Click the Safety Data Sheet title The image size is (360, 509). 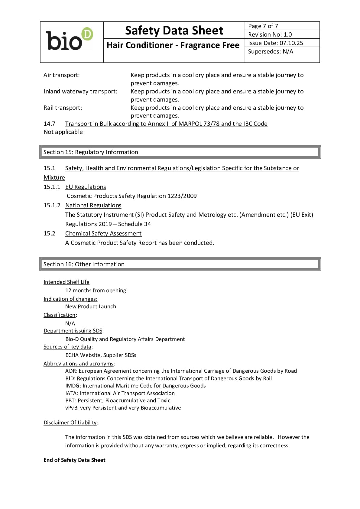point(174,31)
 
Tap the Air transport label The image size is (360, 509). point(62,75)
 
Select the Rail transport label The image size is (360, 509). point(63,108)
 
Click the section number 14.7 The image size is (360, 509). point(49,124)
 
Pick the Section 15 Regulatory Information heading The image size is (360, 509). point(91,152)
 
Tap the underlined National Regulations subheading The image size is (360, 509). point(93,205)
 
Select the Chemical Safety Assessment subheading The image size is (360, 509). point(103,233)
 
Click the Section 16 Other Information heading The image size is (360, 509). point(84,264)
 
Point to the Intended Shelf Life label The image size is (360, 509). point(66,282)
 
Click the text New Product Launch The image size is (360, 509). point(90,306)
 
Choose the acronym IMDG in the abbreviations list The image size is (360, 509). point(73,386)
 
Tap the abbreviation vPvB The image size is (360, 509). point(72,408)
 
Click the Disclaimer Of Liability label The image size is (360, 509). point(70,423)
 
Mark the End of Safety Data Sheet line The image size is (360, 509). point(74,460)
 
